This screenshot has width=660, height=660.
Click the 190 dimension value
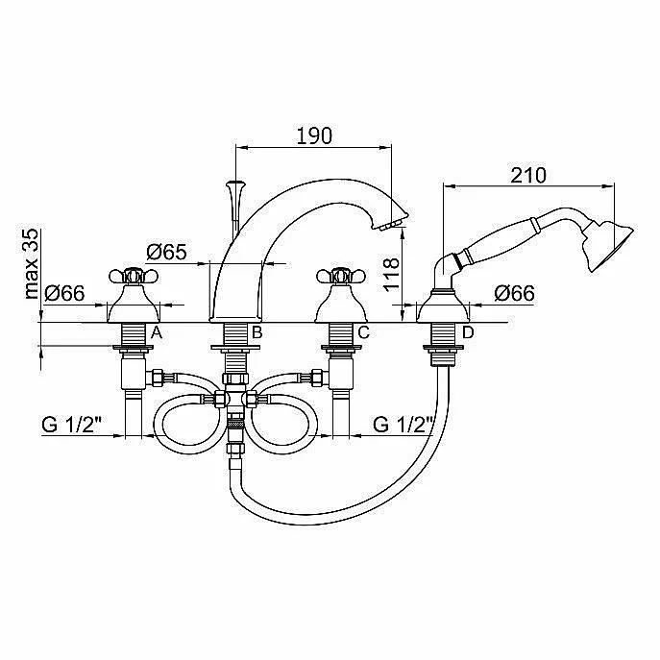314,135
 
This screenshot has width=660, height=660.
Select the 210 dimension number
528,175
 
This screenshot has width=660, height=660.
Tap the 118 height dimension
391,274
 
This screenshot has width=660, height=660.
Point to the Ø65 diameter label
166,252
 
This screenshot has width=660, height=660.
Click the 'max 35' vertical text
32,264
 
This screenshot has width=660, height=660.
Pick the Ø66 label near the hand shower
514,293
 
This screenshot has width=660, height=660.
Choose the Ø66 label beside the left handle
64,293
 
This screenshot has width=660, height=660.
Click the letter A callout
157,332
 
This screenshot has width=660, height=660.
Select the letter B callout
257,332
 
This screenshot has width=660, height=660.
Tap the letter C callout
364,332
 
